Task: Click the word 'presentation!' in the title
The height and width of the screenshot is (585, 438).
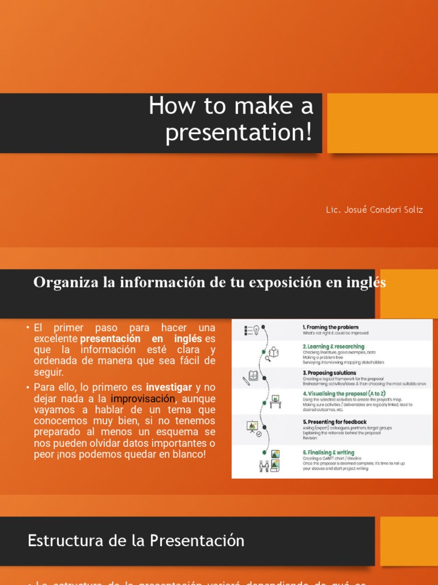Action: (239, 132)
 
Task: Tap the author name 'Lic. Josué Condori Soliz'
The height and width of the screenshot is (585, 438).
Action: (374, 210)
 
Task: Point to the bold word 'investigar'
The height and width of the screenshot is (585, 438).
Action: (169, 387)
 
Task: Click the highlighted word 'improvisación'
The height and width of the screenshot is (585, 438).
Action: (143, 398)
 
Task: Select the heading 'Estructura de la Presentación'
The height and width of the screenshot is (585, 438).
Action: (136, 540)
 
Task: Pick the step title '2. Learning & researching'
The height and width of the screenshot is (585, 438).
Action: (333, 347)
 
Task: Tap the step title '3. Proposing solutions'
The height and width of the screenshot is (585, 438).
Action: (329, 372)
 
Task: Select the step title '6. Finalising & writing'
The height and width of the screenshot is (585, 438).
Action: (328, 453)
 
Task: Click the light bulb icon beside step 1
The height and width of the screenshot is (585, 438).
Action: (256, 330)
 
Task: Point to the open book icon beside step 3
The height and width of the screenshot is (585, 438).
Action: (253, 376)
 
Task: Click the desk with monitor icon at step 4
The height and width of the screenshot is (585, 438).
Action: (275, 400)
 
